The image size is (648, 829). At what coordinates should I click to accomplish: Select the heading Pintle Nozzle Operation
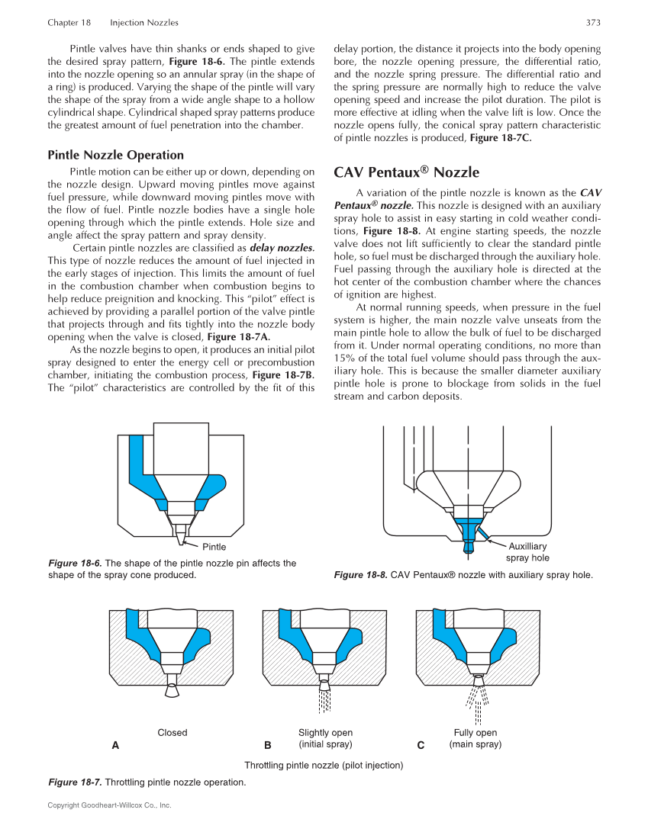(x=115, y=155)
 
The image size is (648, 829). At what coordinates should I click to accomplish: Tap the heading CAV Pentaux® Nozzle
(x=406, y=172)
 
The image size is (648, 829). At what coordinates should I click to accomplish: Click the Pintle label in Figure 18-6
(x=214, y=546)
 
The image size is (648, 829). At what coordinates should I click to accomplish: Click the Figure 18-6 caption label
(x=75, y=564)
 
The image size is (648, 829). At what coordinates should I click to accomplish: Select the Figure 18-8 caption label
(x=360, y=575)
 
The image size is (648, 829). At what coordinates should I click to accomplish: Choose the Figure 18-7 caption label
(x=75, y=782)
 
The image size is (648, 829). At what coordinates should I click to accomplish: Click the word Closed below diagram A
(x=172, y=733)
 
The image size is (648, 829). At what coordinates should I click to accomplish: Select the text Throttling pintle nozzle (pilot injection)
(x=324, y=765)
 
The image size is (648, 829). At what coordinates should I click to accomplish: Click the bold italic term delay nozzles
(x=282, y=248)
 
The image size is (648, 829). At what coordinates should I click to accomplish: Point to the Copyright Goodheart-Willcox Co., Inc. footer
(x=109, y=805)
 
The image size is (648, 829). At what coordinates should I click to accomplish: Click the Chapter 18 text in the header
(x=69, y=23)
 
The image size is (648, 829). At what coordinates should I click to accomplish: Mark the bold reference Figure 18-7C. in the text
(x=500, y=138)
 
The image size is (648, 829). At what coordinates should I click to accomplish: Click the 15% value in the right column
(x=345, y=358)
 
